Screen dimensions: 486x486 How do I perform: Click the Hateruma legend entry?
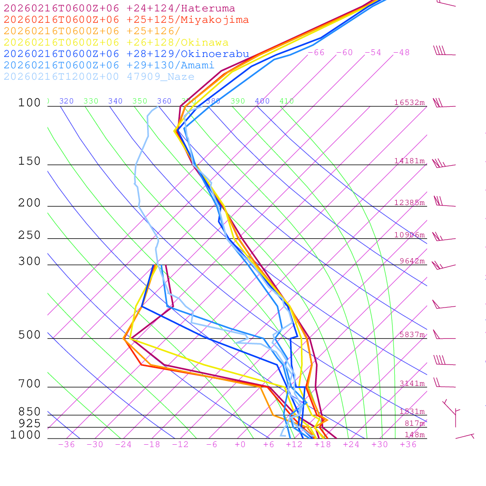119,9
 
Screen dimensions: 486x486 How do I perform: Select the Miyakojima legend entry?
126,20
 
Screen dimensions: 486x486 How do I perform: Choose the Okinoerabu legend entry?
126,54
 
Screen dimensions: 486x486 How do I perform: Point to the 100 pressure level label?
29,103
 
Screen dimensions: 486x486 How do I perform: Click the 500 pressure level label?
29,336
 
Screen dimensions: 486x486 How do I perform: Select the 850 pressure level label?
29,412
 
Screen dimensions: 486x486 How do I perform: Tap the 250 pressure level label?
29,235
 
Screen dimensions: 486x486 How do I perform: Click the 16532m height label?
410,103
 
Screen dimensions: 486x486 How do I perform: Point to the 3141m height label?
412,383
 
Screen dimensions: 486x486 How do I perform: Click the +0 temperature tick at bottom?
240,445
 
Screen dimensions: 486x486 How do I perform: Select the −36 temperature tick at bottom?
66,445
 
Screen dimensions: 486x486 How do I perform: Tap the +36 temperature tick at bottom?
408,445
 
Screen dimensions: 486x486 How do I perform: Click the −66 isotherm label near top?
316,53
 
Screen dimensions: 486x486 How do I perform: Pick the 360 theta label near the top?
164,101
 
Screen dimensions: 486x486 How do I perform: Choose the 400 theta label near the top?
262,101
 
